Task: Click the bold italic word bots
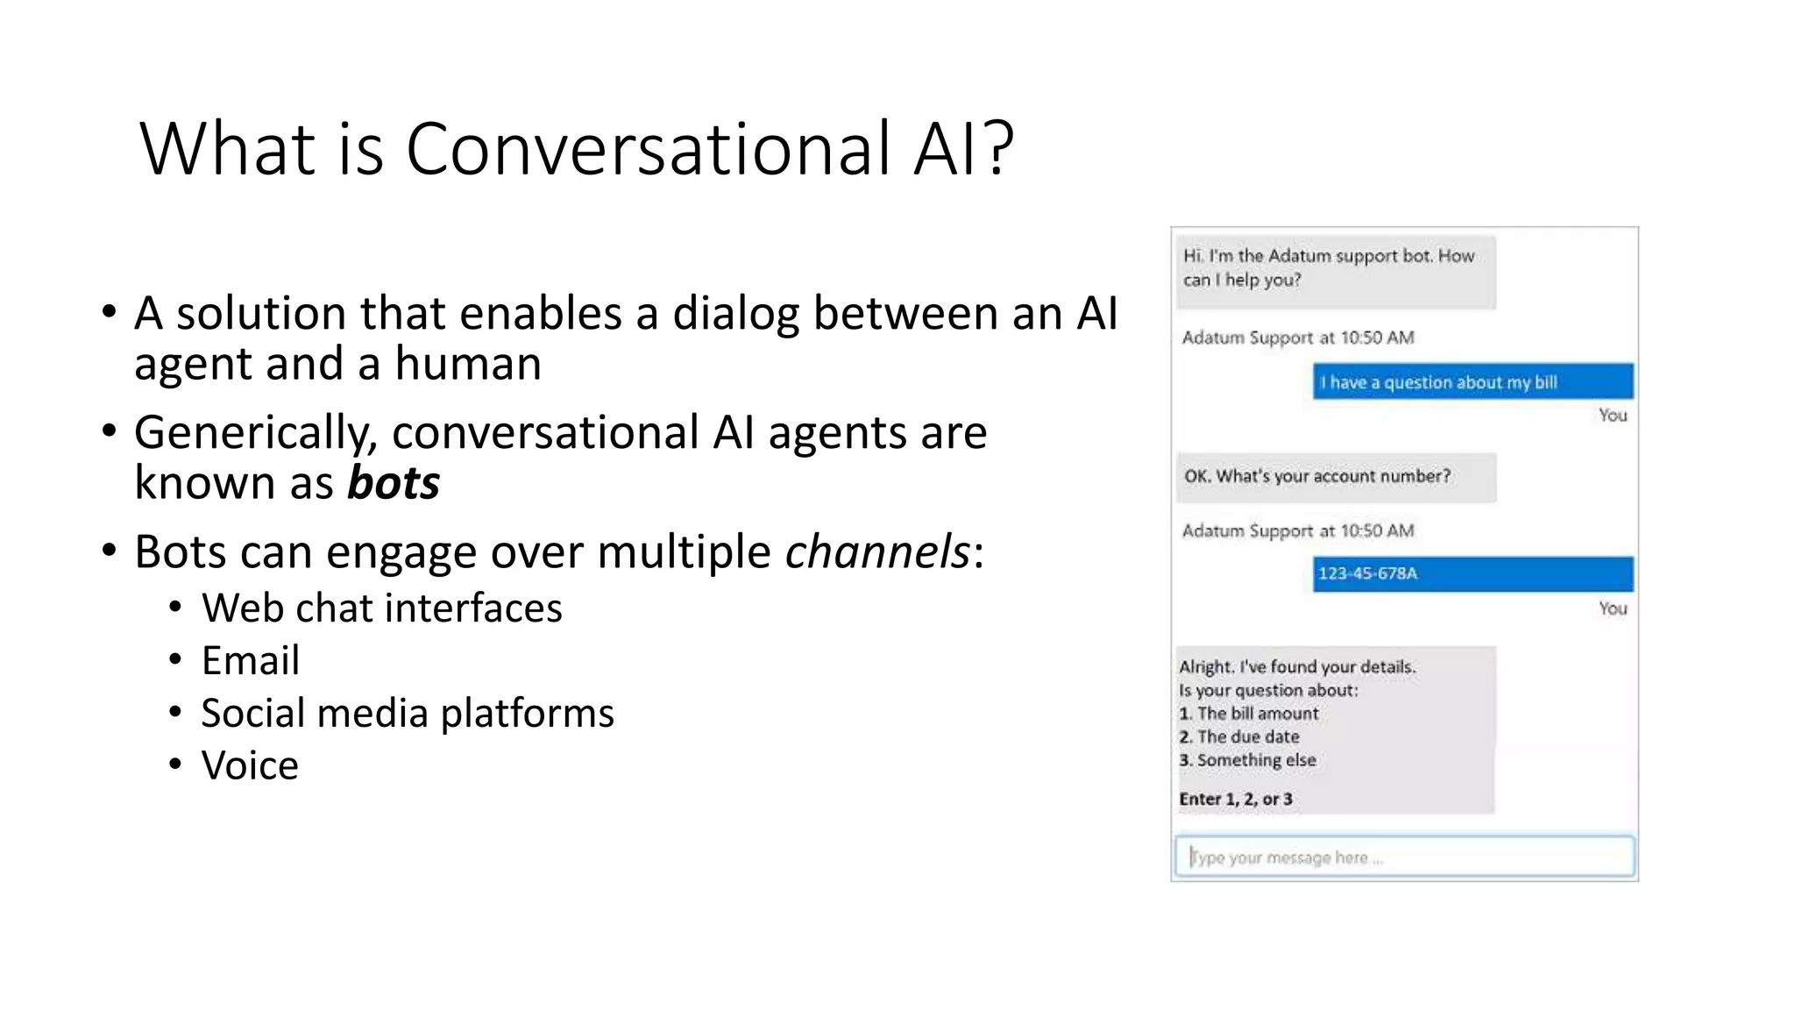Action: [393, 483]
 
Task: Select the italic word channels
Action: [877, 552]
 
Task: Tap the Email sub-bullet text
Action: [251, 661]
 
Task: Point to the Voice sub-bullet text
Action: [250, 765]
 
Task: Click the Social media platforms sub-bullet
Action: [408, 713]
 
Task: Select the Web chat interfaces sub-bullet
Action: [382, 608]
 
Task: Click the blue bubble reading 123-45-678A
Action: [1472, 573]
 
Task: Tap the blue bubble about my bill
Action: [1472, 382]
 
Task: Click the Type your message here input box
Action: [1404, 857]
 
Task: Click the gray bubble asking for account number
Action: [1335, 477]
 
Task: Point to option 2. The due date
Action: [1239, 737]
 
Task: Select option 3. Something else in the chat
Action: [1248, 760]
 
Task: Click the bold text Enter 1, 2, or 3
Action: [1236, 799]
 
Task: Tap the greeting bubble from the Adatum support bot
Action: [1335, 269]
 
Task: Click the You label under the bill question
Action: [1612, 416]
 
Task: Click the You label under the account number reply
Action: [1612, 608]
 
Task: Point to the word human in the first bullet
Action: [468, 364]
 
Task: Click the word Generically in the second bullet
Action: [256, 433]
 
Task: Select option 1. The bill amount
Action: [1249, 714]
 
